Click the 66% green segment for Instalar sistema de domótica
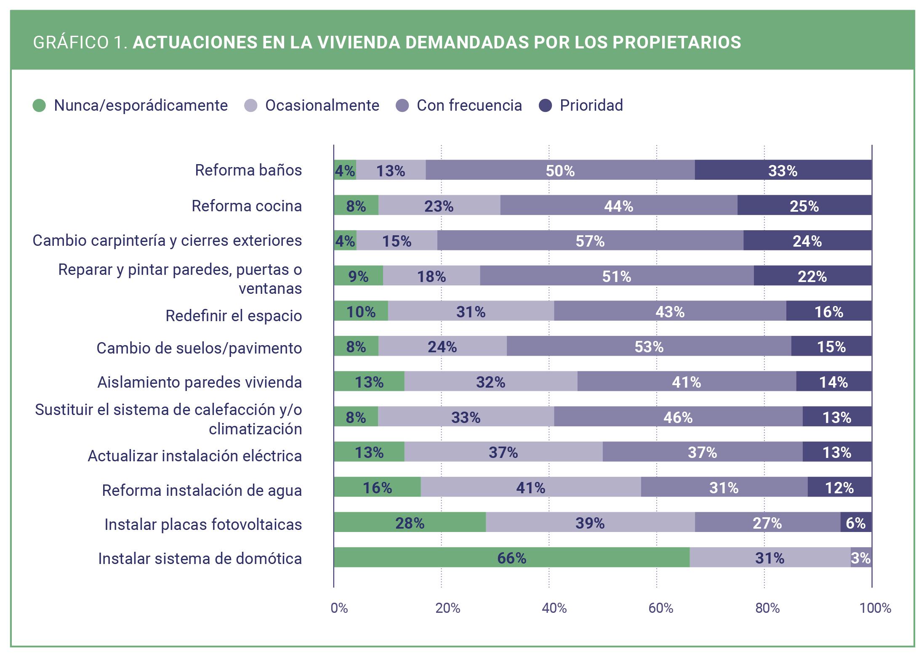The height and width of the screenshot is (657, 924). point(511,558)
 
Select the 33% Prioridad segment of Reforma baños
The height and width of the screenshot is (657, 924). point(783,170)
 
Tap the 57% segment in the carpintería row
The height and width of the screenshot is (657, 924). point(590,240)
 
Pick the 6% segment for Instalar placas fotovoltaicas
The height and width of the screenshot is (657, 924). point(856,522)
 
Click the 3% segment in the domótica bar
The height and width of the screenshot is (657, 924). point(861,558)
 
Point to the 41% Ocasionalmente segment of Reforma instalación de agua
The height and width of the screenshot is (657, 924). point(530,487)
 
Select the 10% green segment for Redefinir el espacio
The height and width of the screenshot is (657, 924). point(361,311)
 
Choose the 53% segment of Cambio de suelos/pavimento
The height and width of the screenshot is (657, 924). point(649,346)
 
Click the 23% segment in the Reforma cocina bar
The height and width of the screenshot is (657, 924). point(439,205)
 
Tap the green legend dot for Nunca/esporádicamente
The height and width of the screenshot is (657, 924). point(39,105)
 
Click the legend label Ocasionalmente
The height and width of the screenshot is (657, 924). point(322,105)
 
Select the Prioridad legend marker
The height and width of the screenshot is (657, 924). point(545,105)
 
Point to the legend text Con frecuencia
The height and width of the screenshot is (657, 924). point(469,105)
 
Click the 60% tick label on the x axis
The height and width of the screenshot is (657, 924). point(660,608)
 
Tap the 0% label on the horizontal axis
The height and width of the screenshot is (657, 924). point(339,608)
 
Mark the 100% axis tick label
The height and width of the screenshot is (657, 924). point(875,608)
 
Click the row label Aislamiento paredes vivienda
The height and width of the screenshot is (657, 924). point(200,382)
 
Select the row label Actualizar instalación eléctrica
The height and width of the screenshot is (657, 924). point(194,456)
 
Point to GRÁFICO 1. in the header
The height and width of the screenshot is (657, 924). point(80,43)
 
